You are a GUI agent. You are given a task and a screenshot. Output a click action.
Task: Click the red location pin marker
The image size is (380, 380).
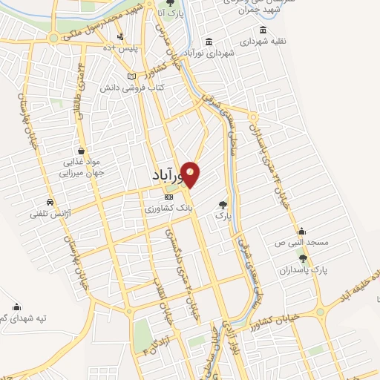coord(191,174)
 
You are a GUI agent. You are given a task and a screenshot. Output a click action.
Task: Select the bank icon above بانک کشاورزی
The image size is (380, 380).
coord(168,197)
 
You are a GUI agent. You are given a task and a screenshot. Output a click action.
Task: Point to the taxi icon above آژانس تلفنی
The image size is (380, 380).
coord(50,201)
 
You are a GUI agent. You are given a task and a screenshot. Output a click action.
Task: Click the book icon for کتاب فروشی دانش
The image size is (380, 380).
coord(132,76)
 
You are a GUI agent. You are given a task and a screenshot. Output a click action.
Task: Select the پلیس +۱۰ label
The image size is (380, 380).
coord(117,47)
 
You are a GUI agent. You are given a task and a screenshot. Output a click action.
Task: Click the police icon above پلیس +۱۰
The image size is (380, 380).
coord(120,36)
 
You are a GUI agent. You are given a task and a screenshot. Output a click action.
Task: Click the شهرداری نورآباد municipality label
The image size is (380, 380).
coord(212,53)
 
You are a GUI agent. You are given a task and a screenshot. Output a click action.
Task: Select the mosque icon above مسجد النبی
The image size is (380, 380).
coord(301,231)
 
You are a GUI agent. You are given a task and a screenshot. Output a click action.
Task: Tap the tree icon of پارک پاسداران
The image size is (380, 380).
coord(303,257)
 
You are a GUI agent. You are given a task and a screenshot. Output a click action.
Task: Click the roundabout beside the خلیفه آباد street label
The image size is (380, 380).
coord(321,311)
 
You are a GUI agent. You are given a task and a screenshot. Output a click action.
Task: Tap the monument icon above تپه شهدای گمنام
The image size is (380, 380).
coord(16,306)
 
